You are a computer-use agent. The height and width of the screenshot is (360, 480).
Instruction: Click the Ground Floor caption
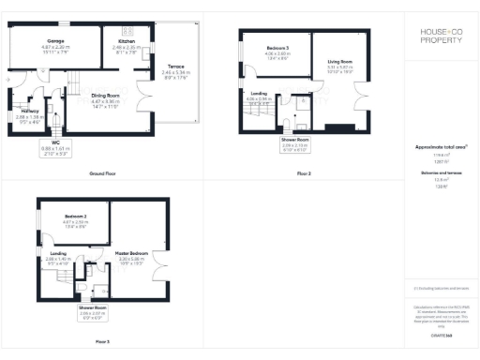(102, 175)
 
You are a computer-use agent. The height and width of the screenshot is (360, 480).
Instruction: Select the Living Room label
(339, 65)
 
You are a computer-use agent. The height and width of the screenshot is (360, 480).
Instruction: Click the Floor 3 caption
(102, 341)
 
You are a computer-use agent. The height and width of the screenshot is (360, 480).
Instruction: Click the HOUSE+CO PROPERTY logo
(440, 37)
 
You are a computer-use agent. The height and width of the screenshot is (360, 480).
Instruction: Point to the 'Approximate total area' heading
(441, 148)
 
